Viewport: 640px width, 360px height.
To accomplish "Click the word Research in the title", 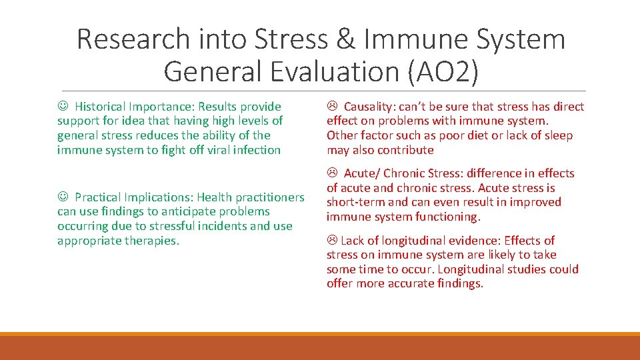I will pyautogui.click(x=133, y=39).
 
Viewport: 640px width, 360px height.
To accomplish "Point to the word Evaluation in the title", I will pyautogui.click(x=329, y=71).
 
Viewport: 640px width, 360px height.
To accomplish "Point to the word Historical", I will pyautogui.click(x=101, y=107).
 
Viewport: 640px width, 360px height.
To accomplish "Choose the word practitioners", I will pyautogui.click(x=269, y=197).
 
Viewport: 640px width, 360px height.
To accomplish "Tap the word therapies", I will pyautogui.click(x=153, y=241).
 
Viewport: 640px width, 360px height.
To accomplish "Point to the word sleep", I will pyautogui.click(x=558, y=135).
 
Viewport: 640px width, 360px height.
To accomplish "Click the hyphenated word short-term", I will pyautogui.click(x=355, y=202).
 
